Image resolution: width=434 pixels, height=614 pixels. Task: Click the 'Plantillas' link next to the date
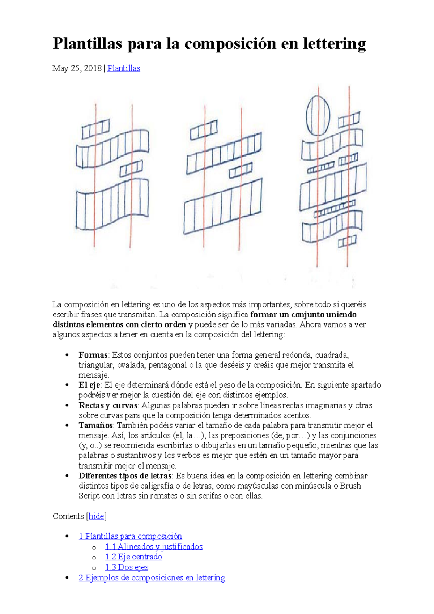[124, 68]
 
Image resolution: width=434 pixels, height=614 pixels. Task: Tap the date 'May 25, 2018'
[77, 68]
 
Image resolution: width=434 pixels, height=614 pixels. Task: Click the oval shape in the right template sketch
[318, 115]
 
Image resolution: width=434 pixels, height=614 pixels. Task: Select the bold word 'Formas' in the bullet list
[93, 355]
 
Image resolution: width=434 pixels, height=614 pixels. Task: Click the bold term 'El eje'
[89, 385]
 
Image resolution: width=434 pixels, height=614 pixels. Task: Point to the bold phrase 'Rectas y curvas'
[108, 405]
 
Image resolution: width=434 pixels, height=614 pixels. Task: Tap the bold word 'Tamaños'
[96, 426]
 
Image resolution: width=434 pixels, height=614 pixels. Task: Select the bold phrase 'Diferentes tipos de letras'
[125, 476]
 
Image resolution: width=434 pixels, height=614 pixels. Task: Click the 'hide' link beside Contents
[96, 516]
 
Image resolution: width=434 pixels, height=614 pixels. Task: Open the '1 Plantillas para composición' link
[130, 536]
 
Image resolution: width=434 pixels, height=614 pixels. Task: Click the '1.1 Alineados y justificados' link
[154, 547]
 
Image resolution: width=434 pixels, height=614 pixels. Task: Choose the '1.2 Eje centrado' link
[133, 557]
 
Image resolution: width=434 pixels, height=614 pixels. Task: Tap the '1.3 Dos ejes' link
[127, 567]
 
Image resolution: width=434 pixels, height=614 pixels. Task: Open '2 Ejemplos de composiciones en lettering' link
[152, 578]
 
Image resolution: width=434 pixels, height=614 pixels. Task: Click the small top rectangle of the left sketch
[95, 129]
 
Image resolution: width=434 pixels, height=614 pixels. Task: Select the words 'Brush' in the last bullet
[350, 486]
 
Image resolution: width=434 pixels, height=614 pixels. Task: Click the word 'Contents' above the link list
[68, 516]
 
